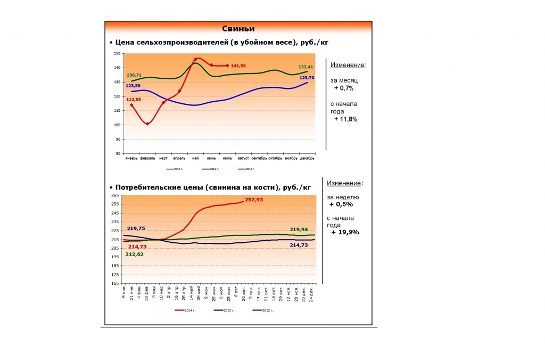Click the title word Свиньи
tap(238, 29)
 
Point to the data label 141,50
tap(238, 66)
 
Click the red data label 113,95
tap(134, 100)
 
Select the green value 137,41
tap(306, 67)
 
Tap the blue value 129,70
tap(307, 77)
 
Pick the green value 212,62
tap(135, 255)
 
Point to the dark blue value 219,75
tap(136, 228)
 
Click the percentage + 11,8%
tap(345, 119)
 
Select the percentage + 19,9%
tap(345, 232)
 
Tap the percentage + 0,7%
tap(344, 88)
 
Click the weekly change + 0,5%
tap(341, 204)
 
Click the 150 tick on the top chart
tap(118, 54)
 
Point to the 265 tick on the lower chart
tap(115, 196)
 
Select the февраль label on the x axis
tap(147, 158)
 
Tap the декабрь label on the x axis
tap(307, 158)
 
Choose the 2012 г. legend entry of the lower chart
tap(265, 310)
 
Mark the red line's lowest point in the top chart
tap(147, 124)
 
